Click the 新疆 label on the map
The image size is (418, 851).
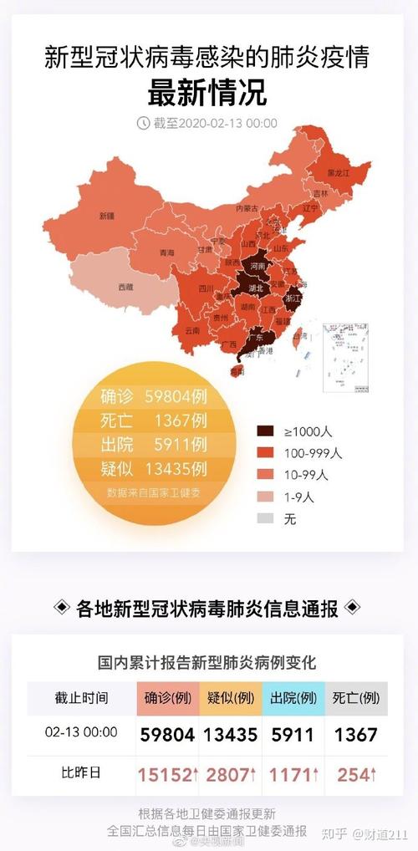(x=106, y=216)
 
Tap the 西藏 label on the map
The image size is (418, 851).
(x=125, y=287)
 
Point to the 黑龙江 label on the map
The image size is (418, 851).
(x=337, y=173)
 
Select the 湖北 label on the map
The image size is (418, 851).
(x=255, y=288)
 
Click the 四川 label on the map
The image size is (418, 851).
(x=206, y=290)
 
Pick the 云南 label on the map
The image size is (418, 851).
(x=192, y=330)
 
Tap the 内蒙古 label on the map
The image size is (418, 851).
(x=246, y=207)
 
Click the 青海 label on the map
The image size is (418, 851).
(x=166, y=253)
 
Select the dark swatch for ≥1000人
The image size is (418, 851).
(x=265, y=431)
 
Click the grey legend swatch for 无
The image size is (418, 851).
(x=265, y=518)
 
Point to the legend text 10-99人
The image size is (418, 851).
(x=306, y=475)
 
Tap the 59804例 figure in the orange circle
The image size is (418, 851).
(x=167, y=396)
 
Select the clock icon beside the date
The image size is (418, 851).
(x=143, y=123)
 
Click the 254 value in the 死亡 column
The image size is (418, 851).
(x=354, y=774)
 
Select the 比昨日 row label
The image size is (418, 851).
(x=82, y=773)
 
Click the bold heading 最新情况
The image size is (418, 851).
(x=207, y=93)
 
